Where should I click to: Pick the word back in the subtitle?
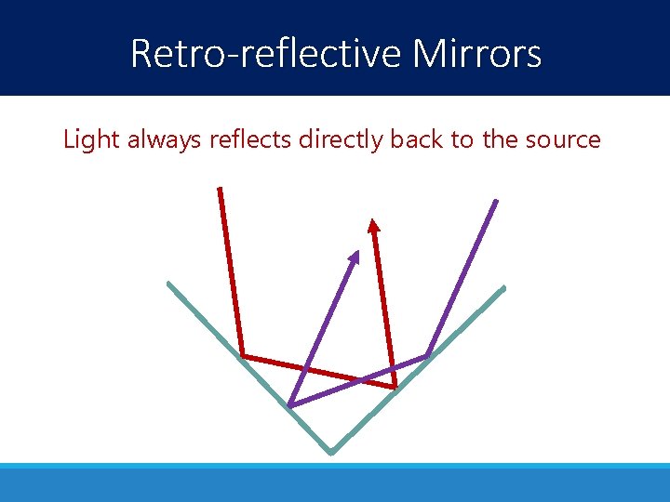(x=414, y=140)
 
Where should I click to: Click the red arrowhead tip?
(x=373, y=219)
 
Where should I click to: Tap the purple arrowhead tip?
(x=357, y=251)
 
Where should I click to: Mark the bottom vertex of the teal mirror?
(x=330, y=453)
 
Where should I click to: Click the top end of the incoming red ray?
(x=220, y=189)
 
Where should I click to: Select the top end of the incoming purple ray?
(x=496, y=201)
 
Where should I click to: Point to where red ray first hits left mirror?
(x=242, y=356)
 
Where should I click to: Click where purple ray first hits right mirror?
(x=427, y=355)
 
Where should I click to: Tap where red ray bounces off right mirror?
(x=395, y=387)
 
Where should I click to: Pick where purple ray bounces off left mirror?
(x=289, y=406)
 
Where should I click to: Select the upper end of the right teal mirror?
(x=503, y=287)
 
